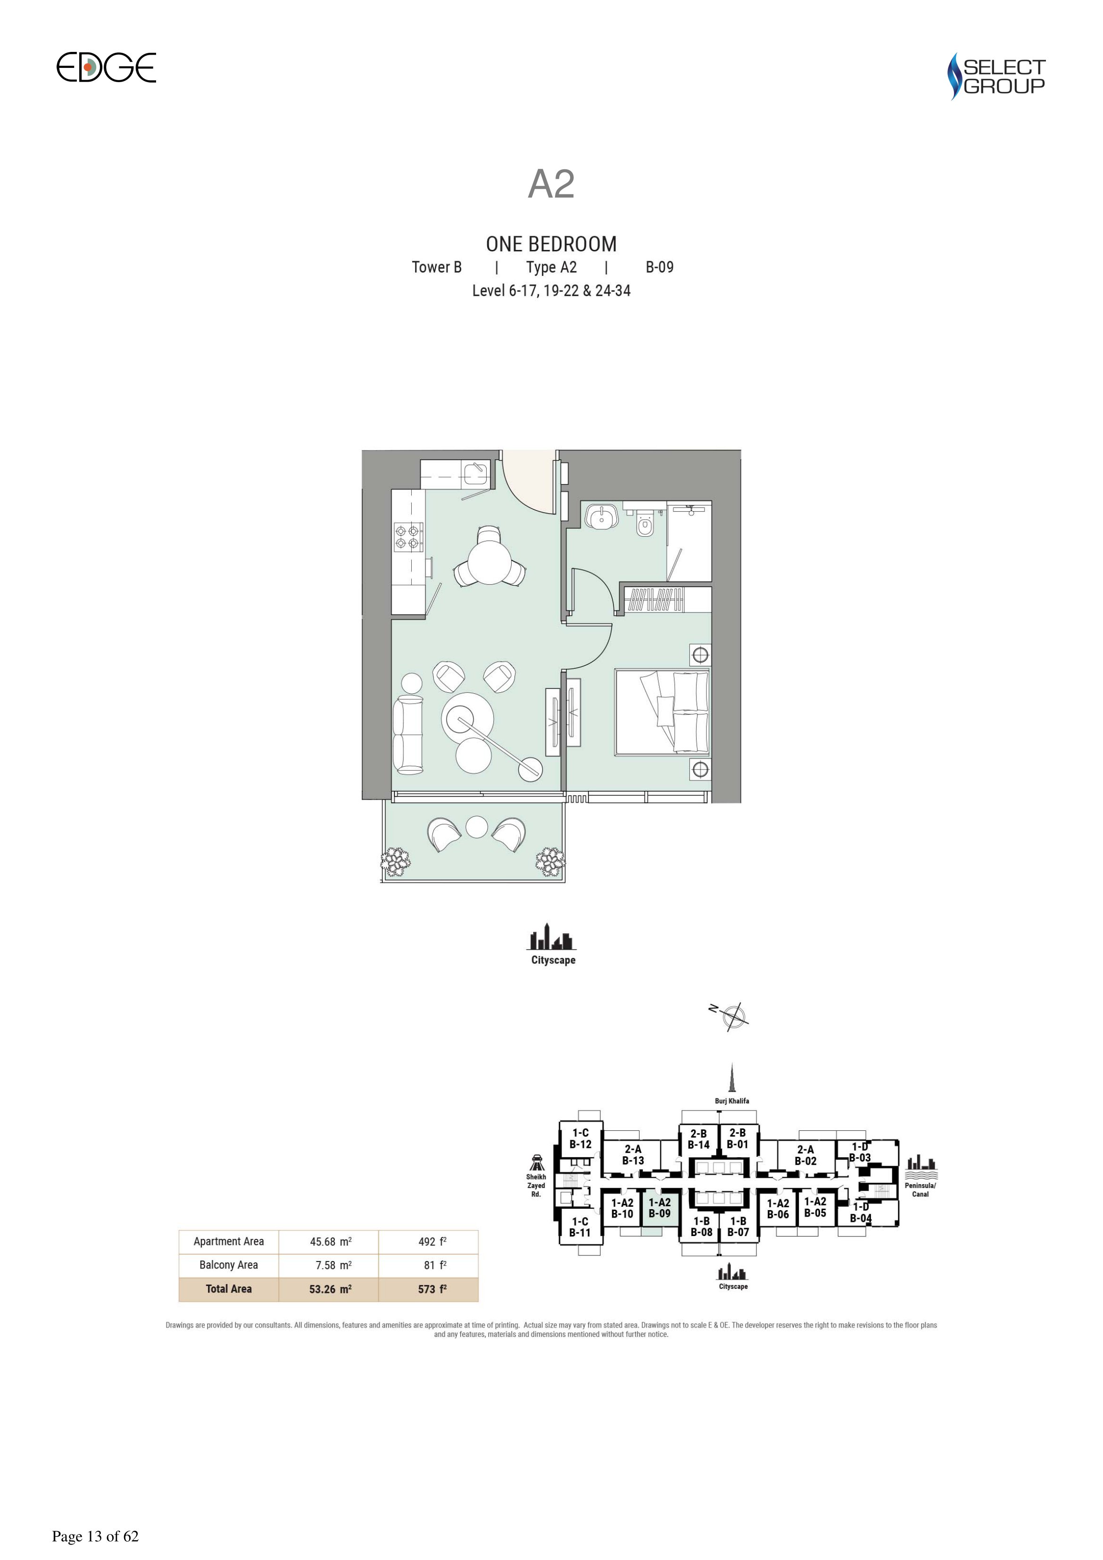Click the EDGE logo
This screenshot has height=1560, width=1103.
coord(106,67)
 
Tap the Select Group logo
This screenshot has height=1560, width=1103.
coord(996,76)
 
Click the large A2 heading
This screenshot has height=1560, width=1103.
coord(551,183)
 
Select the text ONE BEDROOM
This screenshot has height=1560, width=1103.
coord(551,244)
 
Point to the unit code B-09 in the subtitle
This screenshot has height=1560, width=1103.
coord(659,267)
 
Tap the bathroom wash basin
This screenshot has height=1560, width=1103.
coord(600,516)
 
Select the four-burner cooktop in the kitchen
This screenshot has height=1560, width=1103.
coord(408,537)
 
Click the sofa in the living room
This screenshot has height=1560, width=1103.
coord(408,735)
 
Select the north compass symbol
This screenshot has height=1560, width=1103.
coord(733,1016)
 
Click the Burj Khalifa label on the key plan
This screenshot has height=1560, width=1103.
coord(732,1101)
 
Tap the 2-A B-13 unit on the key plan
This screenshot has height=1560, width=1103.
coord(633,1155)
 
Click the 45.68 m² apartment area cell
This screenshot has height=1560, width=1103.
coord(330,1241)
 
